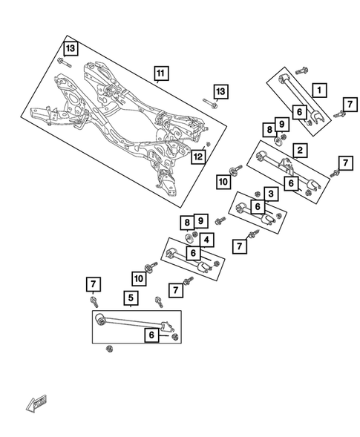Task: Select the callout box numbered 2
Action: pyautogui.click(x=300, y=151)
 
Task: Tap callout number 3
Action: pyautogui.click(x=271, y=194)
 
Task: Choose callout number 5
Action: pyautogui.click(x=131, y=300)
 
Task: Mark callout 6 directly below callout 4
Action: pyautogui.click(x=194, y=254)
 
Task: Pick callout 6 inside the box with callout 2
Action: pyautogui.click(x=292, y=183)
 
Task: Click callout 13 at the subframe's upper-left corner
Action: pyautogui.click(x=69, y=48)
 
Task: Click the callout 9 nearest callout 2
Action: pyautogui.click(x=282, y=124)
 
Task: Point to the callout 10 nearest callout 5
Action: pyautogui.click(x=140, y=278)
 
